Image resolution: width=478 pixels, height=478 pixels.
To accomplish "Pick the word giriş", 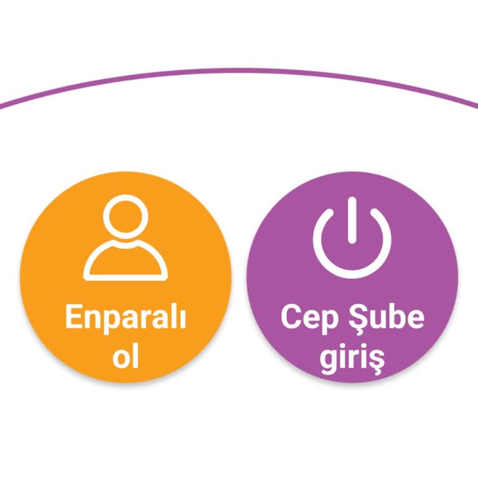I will pyautogui.click(x=352, y=360).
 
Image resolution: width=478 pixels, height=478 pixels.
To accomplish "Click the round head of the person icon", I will pyautogui.click(x=126, y=218).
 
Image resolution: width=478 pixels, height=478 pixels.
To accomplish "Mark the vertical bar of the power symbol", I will pyautogui.click(x=352, y=219).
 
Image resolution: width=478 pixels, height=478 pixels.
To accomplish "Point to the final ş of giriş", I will pyautogui.click(x=376, y=361).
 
